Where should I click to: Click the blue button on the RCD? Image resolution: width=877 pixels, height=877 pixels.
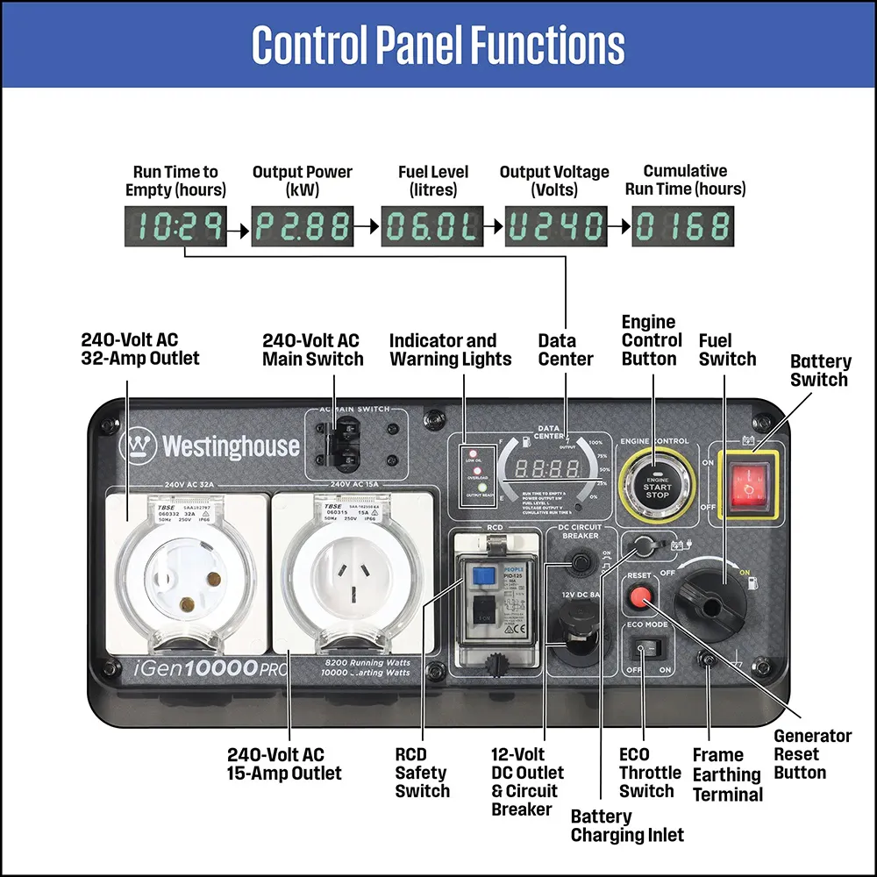[480, 575]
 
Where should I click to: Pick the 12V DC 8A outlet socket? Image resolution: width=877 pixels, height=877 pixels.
[576, 631]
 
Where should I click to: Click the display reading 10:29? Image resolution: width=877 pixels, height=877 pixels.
[175, 227]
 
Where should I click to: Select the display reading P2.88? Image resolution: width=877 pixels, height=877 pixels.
[303, 227]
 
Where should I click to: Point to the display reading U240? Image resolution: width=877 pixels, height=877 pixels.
[557, 227]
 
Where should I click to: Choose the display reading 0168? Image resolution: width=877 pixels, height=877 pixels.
[683, 227]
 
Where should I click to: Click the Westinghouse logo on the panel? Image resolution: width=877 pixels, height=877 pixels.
[210, 446]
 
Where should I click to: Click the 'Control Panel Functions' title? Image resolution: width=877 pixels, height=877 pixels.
[438, 45]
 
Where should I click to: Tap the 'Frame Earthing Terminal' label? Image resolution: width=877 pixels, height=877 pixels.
[727, 775]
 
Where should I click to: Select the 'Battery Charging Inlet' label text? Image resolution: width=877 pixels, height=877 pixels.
[627, 825]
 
